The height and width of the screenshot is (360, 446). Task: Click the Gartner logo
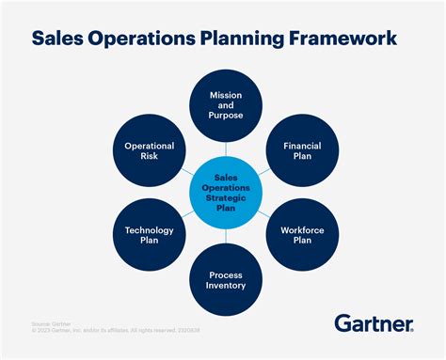click(x=374, y=323)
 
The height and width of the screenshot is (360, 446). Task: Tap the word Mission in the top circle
click(x=226, y=96)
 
